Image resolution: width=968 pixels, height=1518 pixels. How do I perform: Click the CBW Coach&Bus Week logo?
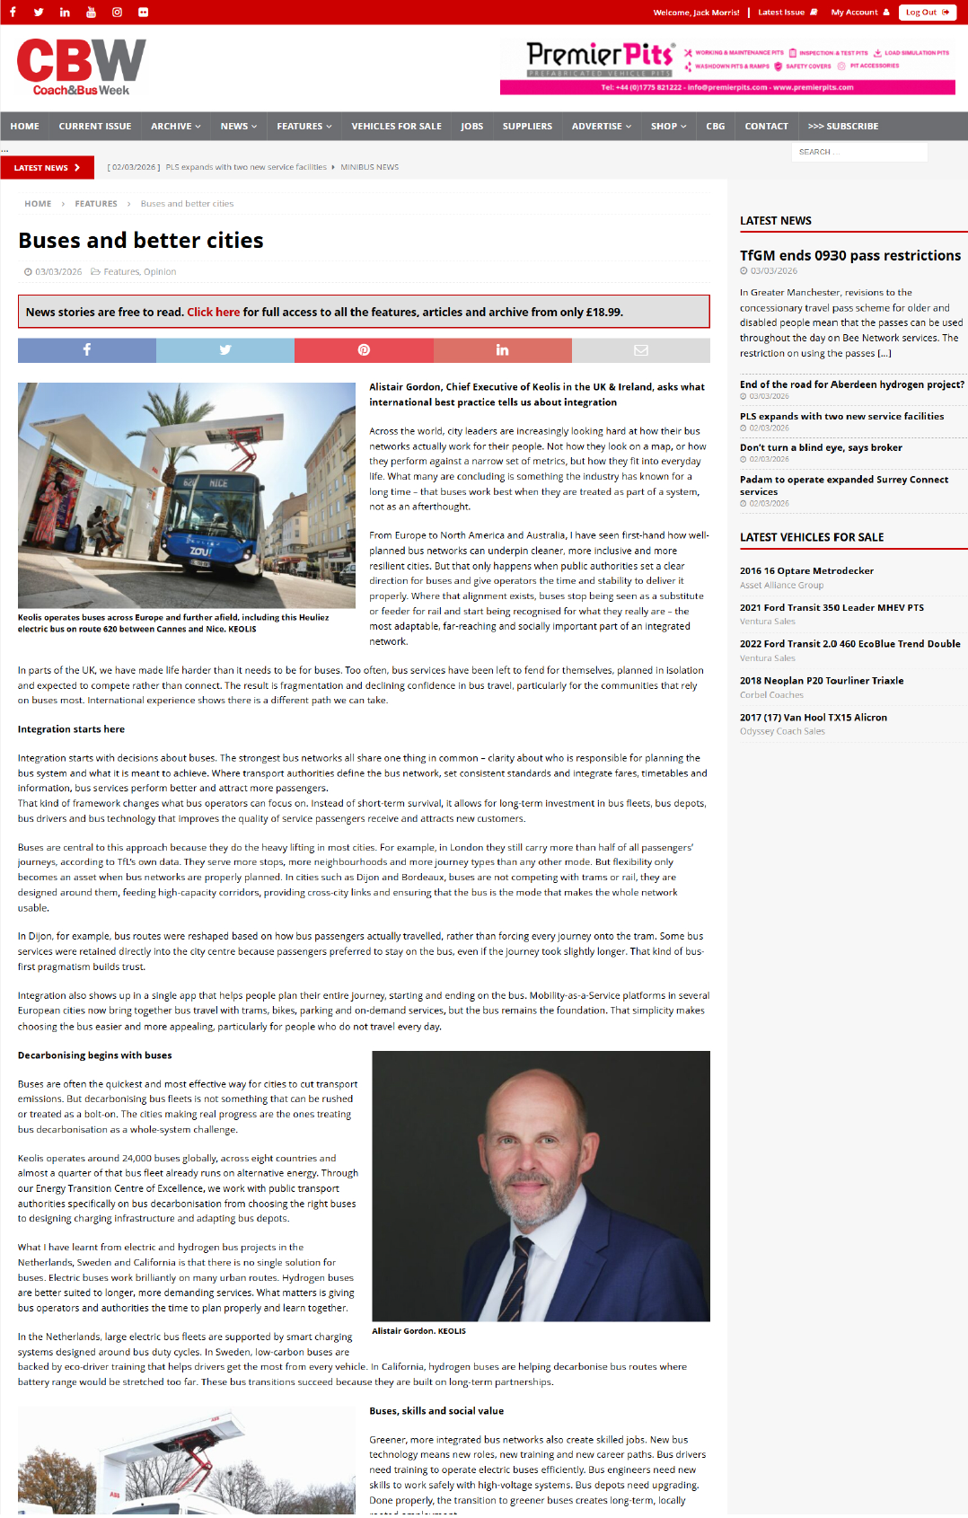tap(81, 66)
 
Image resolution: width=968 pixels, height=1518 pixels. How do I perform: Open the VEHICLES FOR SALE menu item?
tap(396, 127)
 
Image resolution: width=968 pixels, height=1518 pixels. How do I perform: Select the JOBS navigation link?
tap(471, 127)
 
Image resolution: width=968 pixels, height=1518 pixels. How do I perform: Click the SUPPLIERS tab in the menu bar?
tap(527, 127)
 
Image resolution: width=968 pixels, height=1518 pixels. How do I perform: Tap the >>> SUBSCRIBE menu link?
tap(842, 127)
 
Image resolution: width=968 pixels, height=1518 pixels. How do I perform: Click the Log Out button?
tap(927, 13)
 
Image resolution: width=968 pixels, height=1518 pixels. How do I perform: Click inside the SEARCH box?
tap(858, 152)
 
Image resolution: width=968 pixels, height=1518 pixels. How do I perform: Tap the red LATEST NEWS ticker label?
tap(47, 168)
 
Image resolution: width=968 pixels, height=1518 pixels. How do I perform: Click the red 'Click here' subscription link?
tap(213, 313)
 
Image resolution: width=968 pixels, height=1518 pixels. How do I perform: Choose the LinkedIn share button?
tap(502, 350)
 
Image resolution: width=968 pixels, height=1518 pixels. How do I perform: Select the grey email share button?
tap(640, 350)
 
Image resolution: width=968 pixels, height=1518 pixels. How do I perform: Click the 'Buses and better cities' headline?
tap(141, 241)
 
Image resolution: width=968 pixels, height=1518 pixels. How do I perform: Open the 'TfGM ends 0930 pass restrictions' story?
tap(849, 256)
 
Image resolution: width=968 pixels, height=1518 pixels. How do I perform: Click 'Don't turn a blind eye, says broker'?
tap(821, 447)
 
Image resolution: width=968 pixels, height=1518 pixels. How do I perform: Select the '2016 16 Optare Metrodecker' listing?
tap(806, 571)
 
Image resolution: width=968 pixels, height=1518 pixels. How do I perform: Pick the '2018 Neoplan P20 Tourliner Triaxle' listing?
tap(822, 681)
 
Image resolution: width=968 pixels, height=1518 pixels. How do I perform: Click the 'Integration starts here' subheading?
tap(71, 729)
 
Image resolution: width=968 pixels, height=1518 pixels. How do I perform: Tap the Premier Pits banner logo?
tap(599, 59)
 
